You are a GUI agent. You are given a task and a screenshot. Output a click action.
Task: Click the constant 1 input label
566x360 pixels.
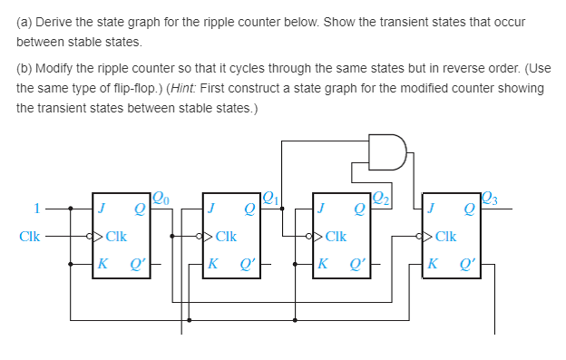pyautogui.click(x=36, y=208)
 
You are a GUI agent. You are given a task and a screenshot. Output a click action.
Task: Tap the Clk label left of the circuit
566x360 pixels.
pyautogui.click(x=29, y=238)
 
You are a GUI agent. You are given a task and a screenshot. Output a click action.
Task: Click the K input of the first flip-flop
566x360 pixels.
pyautogui.click(x=102, y=266)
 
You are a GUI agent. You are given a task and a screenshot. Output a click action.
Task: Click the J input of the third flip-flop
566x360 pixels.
pyautogui.click(x=321, y=209)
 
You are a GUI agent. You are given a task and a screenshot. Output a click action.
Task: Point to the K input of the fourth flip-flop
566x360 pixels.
pyautogui.click(x=432, y=266)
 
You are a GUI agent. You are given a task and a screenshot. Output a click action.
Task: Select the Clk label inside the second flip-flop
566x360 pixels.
pyautogui.click(x=226, y=238)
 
